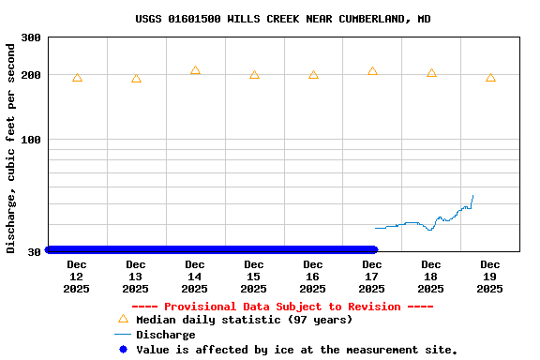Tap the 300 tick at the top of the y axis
point(31,37)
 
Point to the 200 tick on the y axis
point(31,75)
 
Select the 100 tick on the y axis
point(31,140)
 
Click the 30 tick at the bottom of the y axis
point(34,251)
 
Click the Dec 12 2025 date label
point(77,277)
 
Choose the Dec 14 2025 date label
point(195,277)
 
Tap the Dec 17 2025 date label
point(372,277)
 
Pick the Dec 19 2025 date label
point(490,277)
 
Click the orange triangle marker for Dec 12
point(77,78)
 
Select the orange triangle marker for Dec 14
point(195,70)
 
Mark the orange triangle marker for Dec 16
point(313,74)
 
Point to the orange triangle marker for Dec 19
point(490,78)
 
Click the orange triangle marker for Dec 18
point(431,72)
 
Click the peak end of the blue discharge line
point(472,196)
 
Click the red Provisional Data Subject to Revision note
point(282,307)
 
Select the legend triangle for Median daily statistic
point(122,319)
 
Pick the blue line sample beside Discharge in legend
point(122,335)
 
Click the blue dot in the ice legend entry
point(122,350)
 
